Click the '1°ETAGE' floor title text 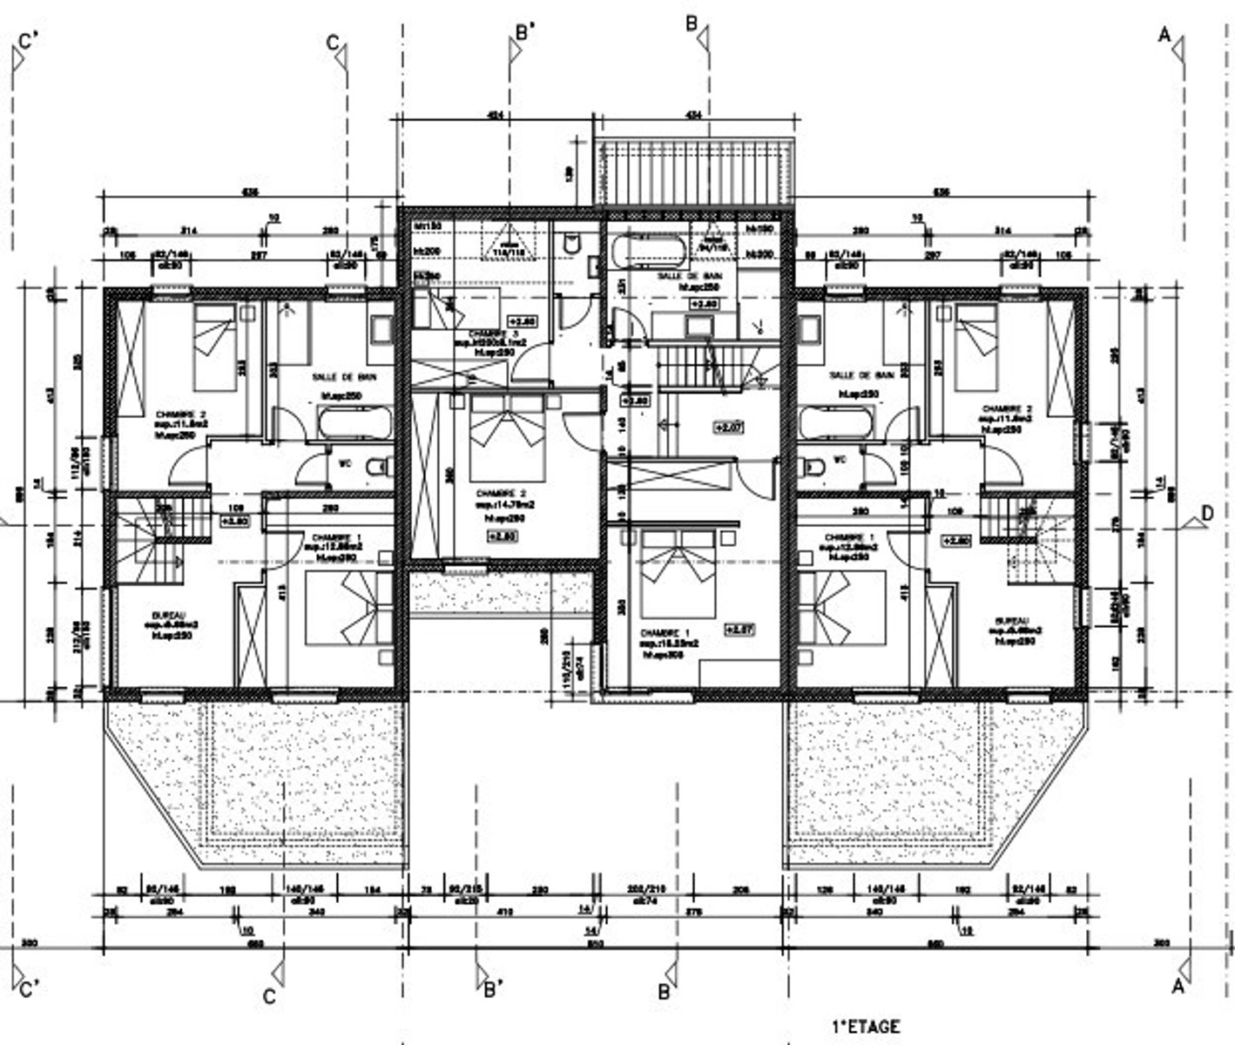[866, 1027]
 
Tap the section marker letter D [1206, 514]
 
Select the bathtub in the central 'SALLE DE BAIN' [648, 253]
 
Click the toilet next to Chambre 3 [572, 244]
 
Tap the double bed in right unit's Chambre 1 [841, 608]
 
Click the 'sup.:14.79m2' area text [505, 504]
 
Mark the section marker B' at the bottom [492, 989]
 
